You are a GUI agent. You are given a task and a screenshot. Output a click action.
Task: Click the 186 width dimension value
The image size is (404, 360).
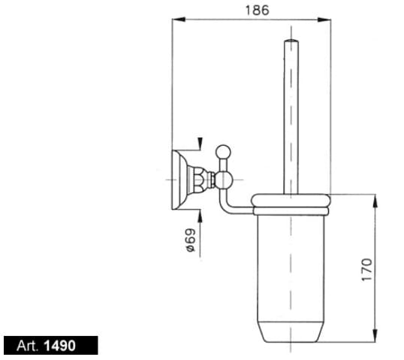(257, 11)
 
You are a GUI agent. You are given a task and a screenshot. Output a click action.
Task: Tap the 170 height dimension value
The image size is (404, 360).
(367, 270)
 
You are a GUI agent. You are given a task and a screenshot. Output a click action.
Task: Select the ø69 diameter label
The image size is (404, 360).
(191, 240)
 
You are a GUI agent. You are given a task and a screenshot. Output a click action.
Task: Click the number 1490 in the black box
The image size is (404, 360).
(60, 346)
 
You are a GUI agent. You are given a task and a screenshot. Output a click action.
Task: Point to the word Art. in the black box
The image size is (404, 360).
(28, 346)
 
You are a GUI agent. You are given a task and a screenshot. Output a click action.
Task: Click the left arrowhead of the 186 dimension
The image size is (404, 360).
(178, 20)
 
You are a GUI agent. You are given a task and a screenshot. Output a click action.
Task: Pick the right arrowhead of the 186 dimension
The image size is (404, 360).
(324, 20)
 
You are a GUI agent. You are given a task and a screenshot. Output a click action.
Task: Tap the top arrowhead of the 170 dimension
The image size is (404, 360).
(375, 201)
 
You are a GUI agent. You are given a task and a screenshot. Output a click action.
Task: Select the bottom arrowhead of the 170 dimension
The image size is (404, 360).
(375, 335)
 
